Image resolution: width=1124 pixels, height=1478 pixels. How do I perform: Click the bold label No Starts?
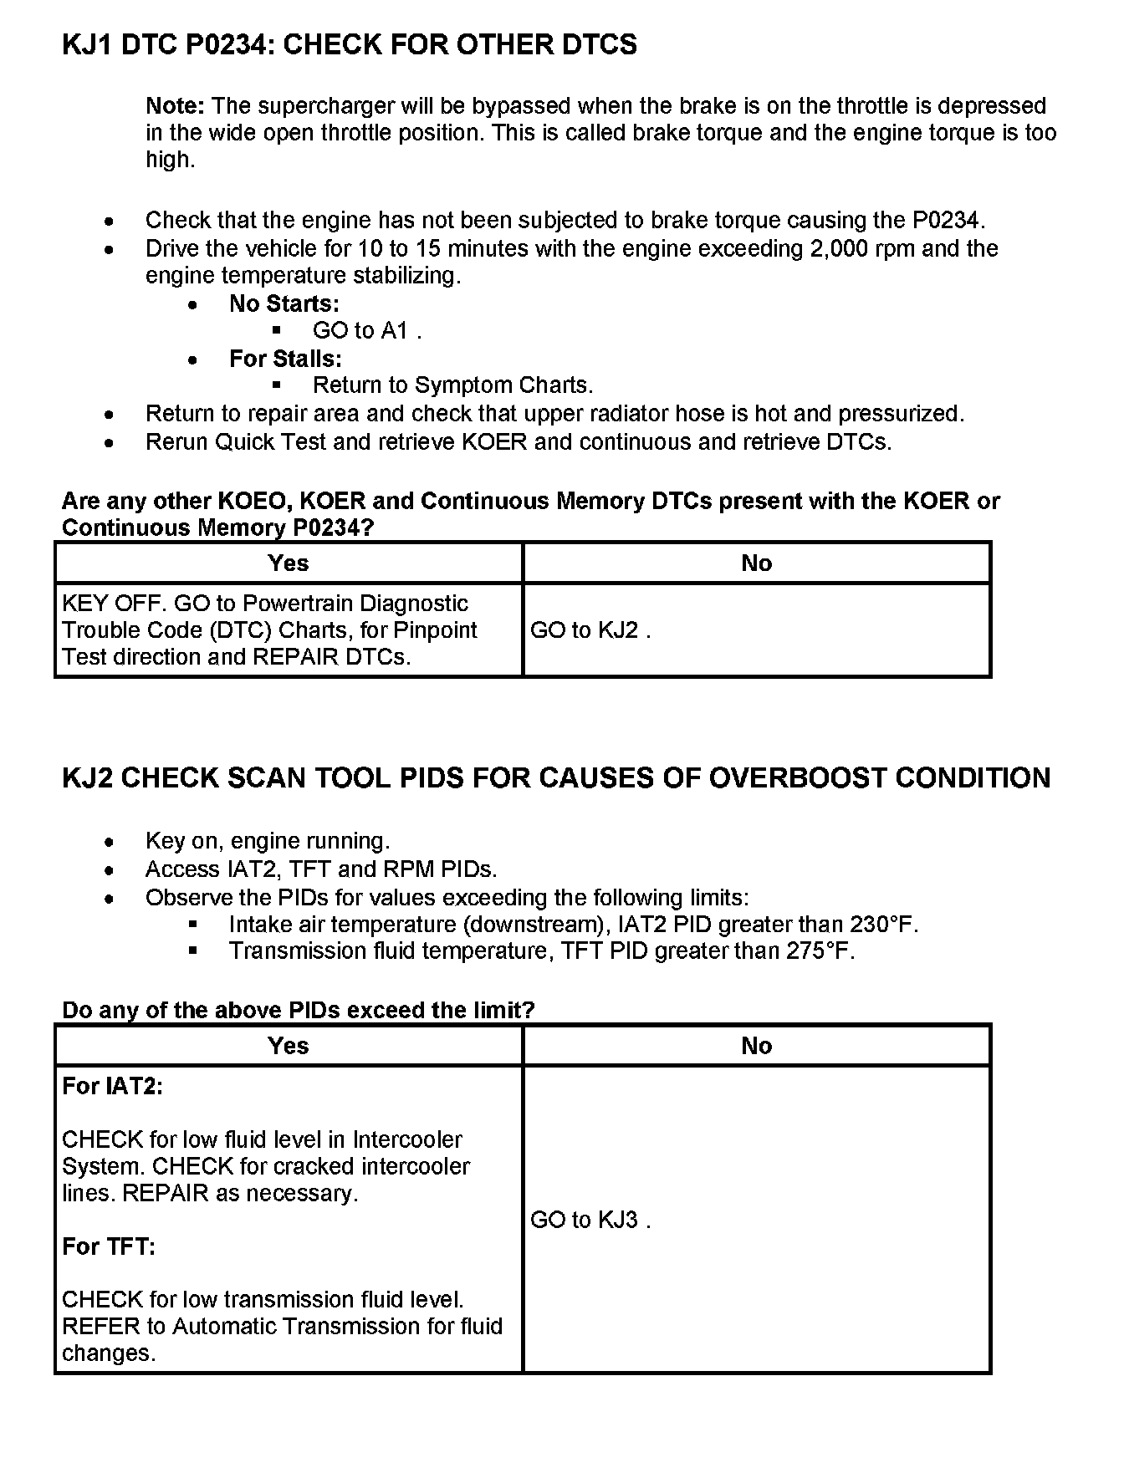[284, 303]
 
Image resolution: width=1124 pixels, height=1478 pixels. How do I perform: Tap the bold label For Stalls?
[285, 359]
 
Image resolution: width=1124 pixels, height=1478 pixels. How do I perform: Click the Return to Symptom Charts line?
[452, 385]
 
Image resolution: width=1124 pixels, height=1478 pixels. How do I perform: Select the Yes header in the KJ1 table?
[289, 563]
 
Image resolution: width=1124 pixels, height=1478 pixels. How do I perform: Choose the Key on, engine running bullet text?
[268, 841]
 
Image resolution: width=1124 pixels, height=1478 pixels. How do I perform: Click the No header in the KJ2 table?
[756, 1046]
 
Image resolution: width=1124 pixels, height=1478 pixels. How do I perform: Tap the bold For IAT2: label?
[112, 1087]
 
